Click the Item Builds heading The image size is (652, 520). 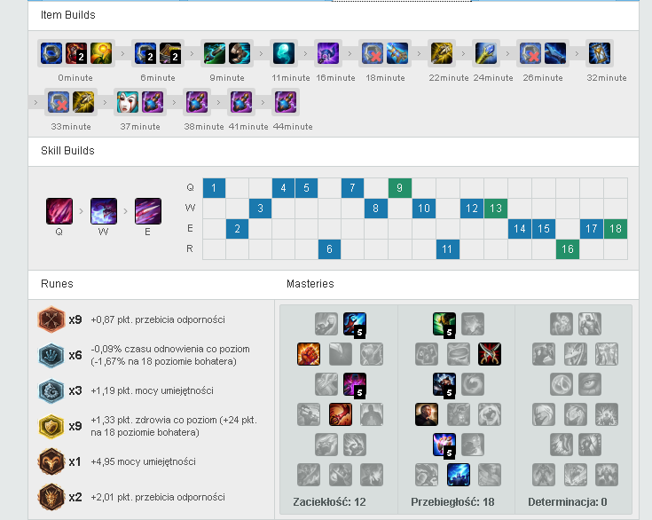(x=67, y=15)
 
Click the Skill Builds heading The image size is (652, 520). (x=67, y=151)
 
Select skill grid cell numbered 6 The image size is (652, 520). (x=329, y=249)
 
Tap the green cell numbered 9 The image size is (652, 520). (x=399, y=188)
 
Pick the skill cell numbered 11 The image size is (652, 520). (x=447, y=249)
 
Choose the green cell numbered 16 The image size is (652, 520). (x=568, y=249)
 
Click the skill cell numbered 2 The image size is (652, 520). (x=237, y=229)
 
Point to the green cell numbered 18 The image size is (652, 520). (x=616, y=229)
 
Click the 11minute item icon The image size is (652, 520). (x=284, y=53)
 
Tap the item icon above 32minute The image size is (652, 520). (x=599, y=53)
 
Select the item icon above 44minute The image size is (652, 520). (x=286, y=102)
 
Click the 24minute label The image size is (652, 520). (x=493, y=78)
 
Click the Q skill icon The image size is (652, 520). (x=59, y=211)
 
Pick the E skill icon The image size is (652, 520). (x=147, y=211)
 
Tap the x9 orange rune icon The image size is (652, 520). (x=51, y=319)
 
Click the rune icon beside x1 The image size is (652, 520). (x=51, y=461)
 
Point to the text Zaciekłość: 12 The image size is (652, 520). (x=329, y=502)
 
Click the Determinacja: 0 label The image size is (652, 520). (x=568, y=502)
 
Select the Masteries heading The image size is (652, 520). (x=310, y=284)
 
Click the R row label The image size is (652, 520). (x=190, y=248)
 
